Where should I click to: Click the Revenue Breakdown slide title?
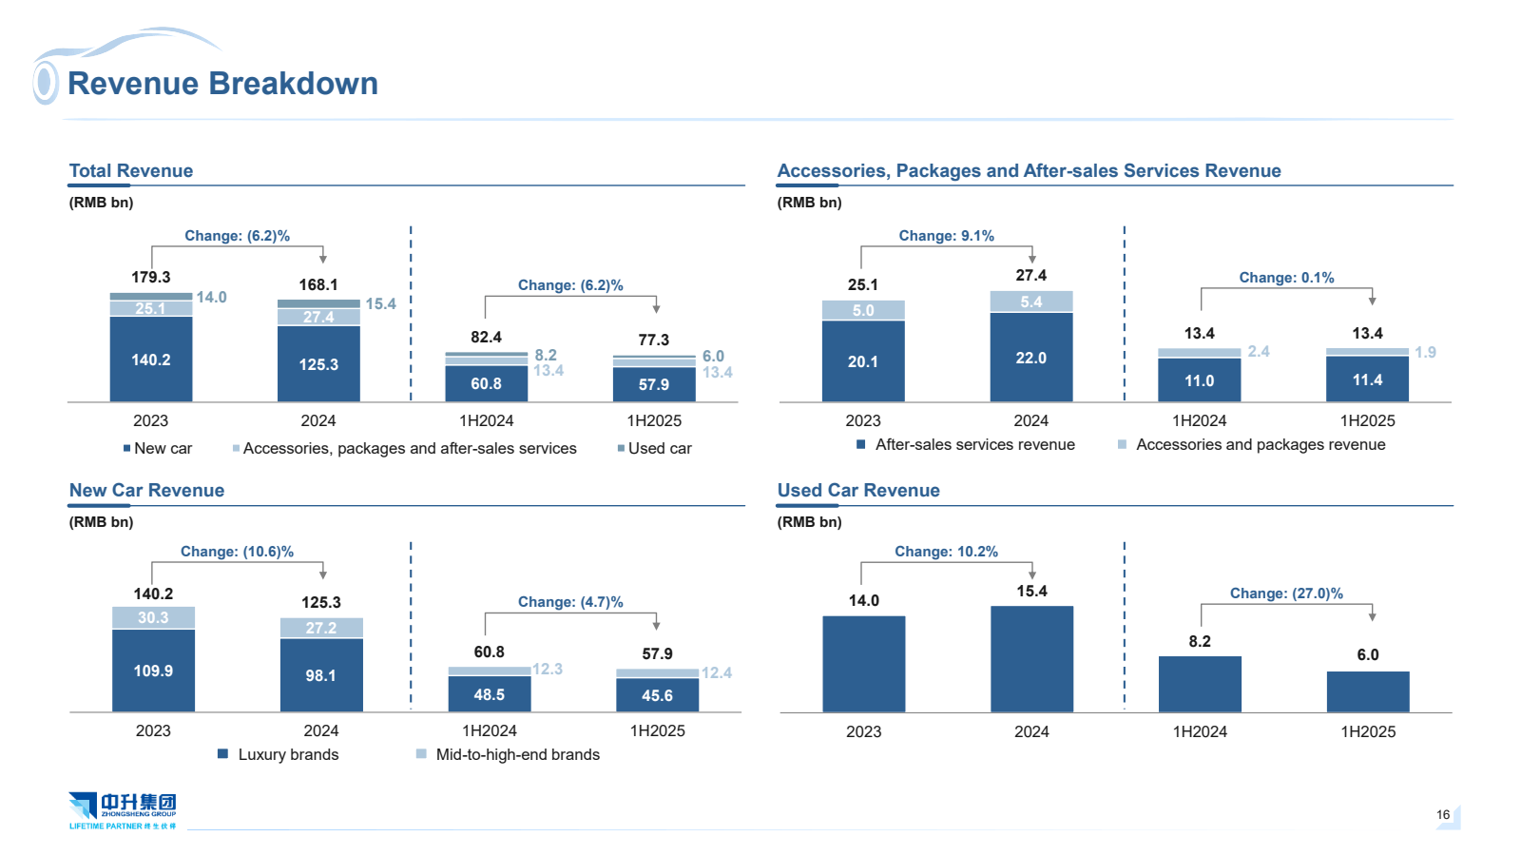pyautogui.click(x=222, y=84)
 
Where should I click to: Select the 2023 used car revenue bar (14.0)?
pyautogui.click(x=863, y=664)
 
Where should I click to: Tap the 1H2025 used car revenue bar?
pyautogui.click(x=1367, y=691)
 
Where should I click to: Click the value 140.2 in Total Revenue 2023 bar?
pyautogui.click(x=151, y=360)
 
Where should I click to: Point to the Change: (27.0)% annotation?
pyautogui.click(x=1286, y=593)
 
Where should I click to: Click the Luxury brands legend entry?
pyautogui.click(x=279, y=754)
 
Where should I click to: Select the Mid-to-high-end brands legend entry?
pyautogui.click(x=509, y=754)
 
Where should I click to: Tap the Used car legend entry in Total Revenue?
pyautogui.click(x=655, y=448)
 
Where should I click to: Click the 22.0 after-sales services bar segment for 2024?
pyautogui.click(x=1030, y=358)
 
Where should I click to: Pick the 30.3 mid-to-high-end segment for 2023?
pyautogui.click(x=153, y=617)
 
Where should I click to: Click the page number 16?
pyautogui.click(x=1443, y=814)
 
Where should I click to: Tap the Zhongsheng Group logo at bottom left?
pyautogui.click(x=123, y=810)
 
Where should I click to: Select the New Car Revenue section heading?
pyautogui.click(x=146, y=491)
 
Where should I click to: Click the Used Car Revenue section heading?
pyautogui.click(x=858, y=491)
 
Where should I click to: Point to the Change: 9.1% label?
pyautogui.click(x=946, y=236)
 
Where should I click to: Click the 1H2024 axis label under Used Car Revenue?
pyautogui.click(x=1200, y=731)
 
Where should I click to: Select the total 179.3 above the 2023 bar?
pyautogui.click(x=151, y=277)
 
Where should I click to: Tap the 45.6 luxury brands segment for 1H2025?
pyautogui.click(x=657, y=695)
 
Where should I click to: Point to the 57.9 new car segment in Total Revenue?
pyautogui.click(x=654, y=384)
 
